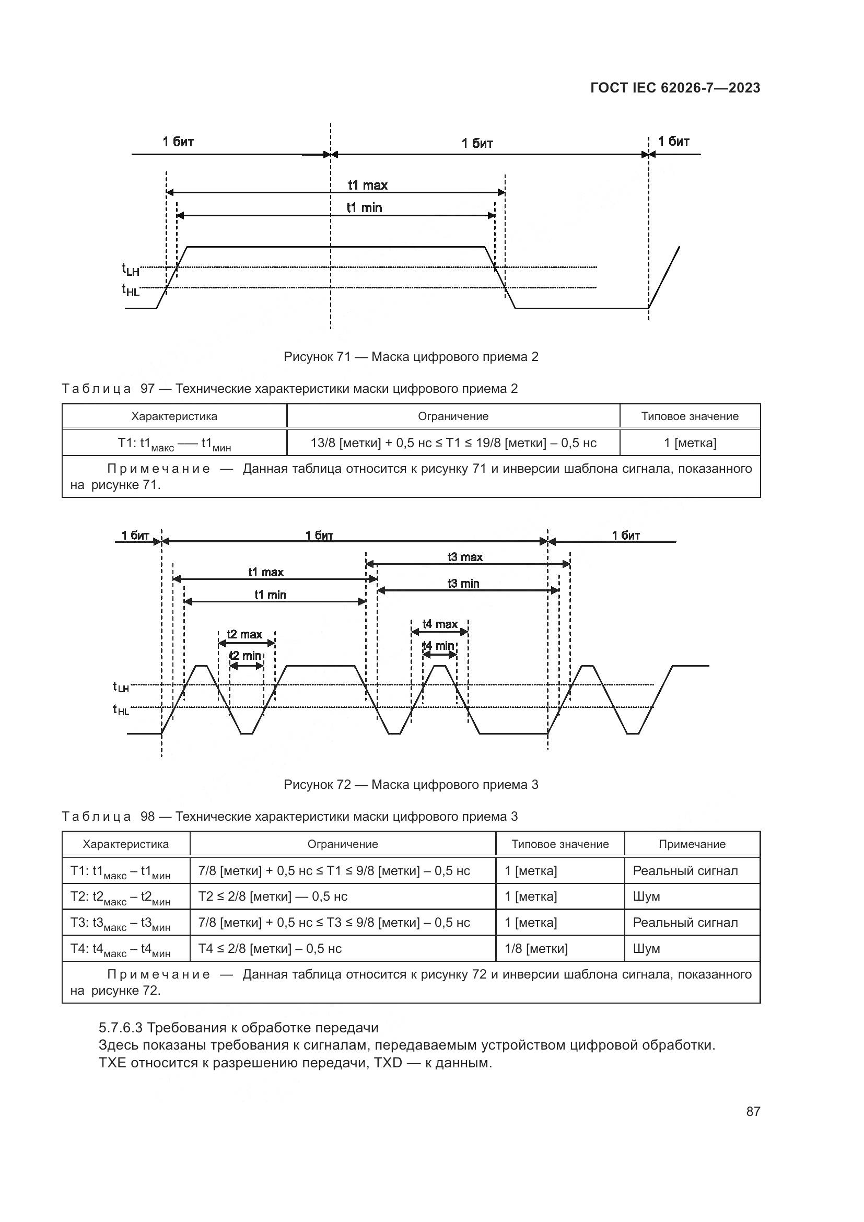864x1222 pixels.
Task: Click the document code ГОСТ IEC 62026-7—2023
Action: pyautogui.click(x=674, y=88)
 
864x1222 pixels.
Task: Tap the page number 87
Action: pyautogui.click(x=753, y=1111)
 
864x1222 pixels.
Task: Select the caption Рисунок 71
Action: pyautogui.click(x=411, y=357)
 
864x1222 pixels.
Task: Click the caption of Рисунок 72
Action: pyautogui.click(x=411, y=785)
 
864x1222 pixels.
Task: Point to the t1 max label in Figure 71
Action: pyautogui.click(x=368, y=185)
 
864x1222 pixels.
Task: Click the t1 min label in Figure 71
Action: pyautogui.click(x=364, y=207)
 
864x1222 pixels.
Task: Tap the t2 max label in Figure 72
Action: pyautogui.click(x=244, y=634)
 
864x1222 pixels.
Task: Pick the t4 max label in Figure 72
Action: pyautogui.click(x=439, y=624)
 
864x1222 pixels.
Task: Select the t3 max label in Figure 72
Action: pyautogui.click(x=464, y=557)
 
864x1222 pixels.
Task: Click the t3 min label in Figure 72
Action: pyautogui.click(x=463, y=584)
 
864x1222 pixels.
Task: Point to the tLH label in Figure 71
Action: pyautogui.click(x=131, y=270)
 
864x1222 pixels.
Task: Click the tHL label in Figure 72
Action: pyautogui.click(x=121, y=710)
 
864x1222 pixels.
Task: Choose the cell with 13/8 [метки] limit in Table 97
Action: pyautogui.click(x=453, y=443)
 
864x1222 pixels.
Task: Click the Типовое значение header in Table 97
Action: pyautogui.click(x=690, y=416)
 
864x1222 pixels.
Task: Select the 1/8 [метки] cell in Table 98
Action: pyautogui.click(x=536, y=948)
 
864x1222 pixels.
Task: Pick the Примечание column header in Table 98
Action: pyautogui.click(x=692, y=844)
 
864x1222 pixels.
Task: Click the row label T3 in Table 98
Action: pyautogui.click(x=121, y=923)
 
